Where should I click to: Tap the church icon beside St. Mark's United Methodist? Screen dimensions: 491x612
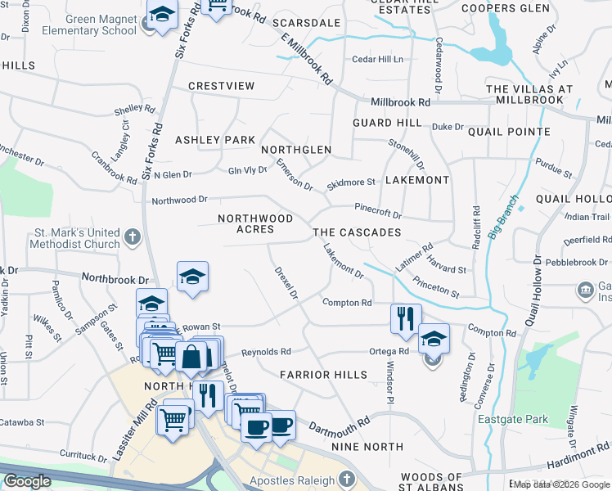coord(133,238)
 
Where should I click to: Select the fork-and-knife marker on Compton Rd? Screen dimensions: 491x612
coord(406,318)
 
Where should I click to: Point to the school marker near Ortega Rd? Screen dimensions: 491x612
coord(434,338)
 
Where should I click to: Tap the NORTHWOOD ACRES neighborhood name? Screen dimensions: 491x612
coord(255,224)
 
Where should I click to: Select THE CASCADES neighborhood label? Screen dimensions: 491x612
coord(357,233)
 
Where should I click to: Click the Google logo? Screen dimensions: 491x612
coord(27,481)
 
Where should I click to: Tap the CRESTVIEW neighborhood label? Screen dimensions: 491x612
coord(221,86)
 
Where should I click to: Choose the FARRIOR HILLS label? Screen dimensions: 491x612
coord(323,375)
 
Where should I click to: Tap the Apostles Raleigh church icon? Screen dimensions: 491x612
coord(346,480)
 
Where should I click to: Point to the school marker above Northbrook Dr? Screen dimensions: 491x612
coord(192,277)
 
